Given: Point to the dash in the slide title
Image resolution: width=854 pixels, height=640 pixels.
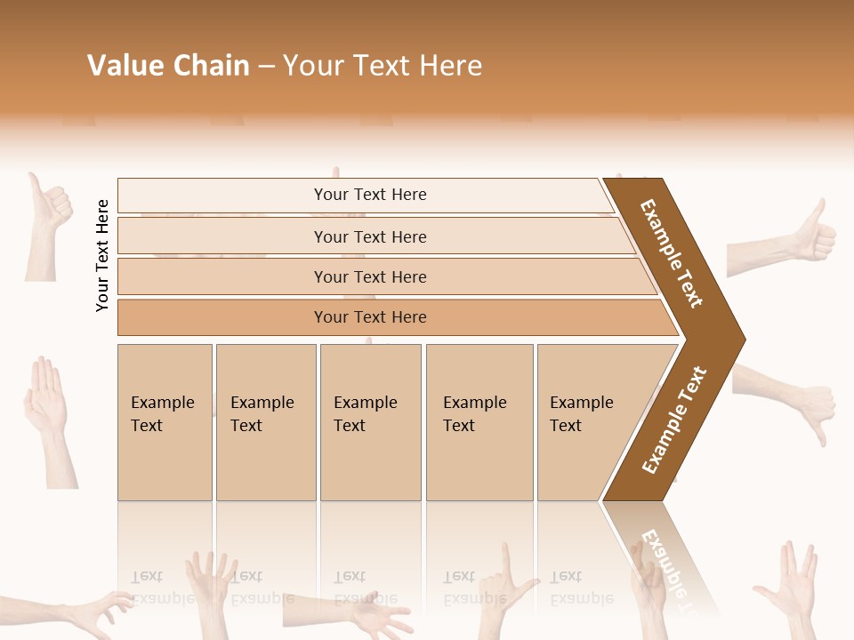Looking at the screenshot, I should point(266,67).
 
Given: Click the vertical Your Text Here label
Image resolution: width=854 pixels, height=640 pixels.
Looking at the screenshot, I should point(103,256).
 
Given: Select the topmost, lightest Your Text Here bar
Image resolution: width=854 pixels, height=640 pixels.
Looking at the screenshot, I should point(369,195).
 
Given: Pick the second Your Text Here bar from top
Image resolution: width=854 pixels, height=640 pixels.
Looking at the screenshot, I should point(369,236).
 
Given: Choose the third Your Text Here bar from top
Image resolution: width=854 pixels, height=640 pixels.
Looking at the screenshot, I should point(369,276).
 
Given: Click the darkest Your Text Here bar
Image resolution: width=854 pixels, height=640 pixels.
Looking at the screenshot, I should point(369,317).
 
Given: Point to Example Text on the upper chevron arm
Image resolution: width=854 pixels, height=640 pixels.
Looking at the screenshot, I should point(673,253).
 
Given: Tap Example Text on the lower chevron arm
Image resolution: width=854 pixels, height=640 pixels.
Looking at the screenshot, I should point(675,420).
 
